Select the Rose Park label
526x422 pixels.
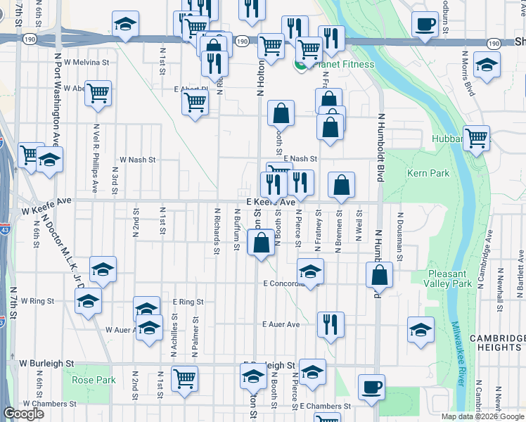click(93, 381)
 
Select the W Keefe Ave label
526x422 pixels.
click(47, 210)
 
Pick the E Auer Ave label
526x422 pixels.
click(281, 325)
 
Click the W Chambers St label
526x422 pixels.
click(48, 404)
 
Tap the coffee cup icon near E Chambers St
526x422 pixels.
click(371, 386)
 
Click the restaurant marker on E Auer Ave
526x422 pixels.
click(331, 324)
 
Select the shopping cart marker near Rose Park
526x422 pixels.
click(184, 378)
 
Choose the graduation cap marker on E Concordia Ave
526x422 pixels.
click(310, 270)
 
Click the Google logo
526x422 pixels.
click(23, 414)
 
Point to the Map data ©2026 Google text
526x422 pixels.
click(482, 416)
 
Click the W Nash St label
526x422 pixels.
click(136, 160)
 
